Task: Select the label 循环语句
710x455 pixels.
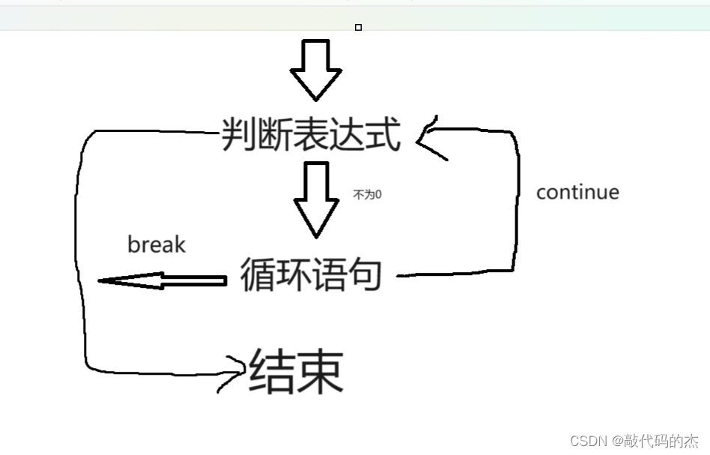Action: [x=311, y=274]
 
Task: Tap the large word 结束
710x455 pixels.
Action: [x=297, y=371]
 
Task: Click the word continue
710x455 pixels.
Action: [x=577, y=192]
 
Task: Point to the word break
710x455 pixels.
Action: [x=157, y=244]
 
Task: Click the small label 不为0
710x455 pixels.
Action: [x=367, y=194]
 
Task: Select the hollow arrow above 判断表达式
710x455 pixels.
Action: [x=316, y=70]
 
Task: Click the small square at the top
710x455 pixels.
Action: [x=358, y=28]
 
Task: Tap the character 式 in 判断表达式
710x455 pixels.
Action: [x=384, y=136]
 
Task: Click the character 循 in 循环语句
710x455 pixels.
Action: [x=257, y=274]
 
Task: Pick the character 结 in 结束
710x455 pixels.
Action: [x=272, y=371]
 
